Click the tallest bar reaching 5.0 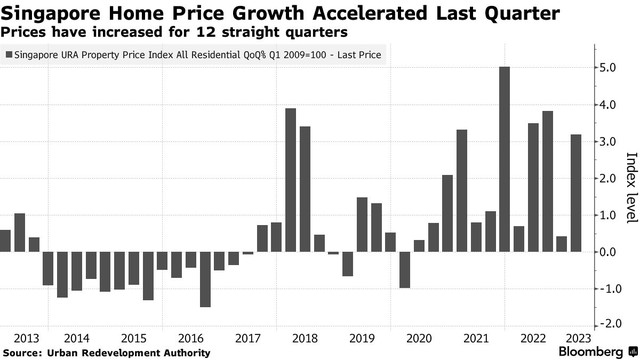[504, 159]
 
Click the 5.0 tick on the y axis [608, 68]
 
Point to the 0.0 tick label [608, 252]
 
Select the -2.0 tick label [606, 325]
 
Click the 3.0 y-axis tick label [608, 142]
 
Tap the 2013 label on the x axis [27, 337]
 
